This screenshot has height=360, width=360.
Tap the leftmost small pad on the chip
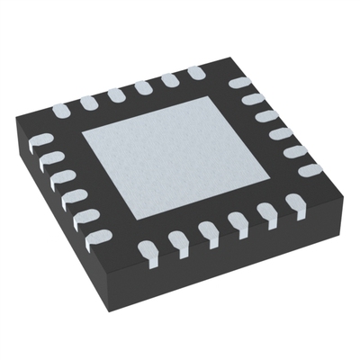tap(40, 140)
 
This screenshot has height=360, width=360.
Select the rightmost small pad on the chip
tap(310, 169)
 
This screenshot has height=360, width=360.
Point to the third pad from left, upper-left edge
tap(115, 94)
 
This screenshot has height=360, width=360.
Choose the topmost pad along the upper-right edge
tap(238, 83)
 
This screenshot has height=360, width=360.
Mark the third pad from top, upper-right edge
tap(265, 116)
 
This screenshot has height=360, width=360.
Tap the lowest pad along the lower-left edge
tap(95, 238)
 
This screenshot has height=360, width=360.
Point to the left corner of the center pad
tap(83, 134)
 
